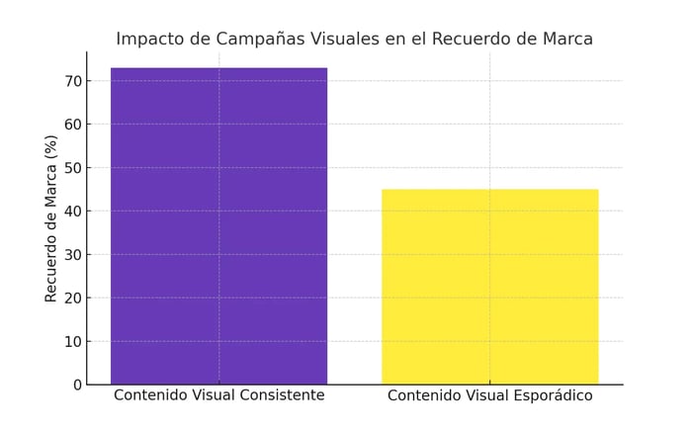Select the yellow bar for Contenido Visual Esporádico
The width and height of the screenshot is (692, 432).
[x=489, y=286]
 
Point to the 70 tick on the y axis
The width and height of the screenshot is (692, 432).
[x=71, y=80]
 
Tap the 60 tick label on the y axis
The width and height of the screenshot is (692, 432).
[x=71, y=124]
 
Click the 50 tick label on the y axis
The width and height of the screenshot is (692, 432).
[x=71, y=167]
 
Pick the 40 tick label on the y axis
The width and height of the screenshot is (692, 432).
[x=71, y=211]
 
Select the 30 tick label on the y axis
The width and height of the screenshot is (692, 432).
[x=71, y=254]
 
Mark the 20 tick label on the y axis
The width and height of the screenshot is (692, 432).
[x=71, y=298]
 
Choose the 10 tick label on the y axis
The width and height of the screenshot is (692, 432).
[x=71, y=341]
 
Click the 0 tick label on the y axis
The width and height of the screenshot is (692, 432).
[x=76, y=385]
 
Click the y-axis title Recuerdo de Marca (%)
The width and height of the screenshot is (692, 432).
[x=51, y=218]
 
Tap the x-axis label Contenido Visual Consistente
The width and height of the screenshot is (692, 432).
[x=218, y=395]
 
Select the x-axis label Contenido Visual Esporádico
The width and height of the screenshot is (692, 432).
[x=489, y=395]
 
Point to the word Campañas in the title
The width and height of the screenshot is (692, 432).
[x=260, y=40]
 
